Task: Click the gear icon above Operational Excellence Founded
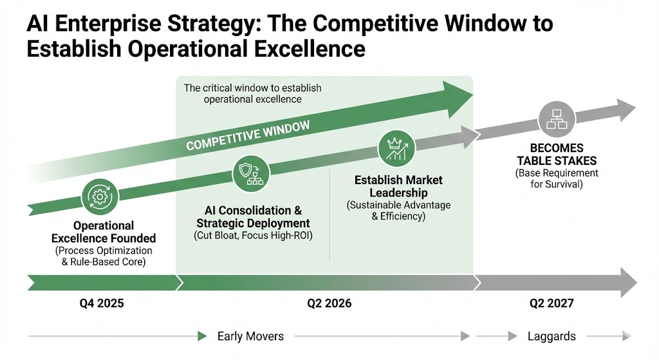point(100,196)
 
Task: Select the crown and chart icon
point(396,149)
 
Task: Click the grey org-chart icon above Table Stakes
point(557,119)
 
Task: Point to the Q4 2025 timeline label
point(102,303)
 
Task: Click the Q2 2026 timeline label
point(329,303)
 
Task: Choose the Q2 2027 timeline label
point(552,303)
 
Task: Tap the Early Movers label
point(250,336)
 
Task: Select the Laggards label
point(552,336)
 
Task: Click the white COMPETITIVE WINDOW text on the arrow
point(248,135)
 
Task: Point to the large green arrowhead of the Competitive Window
point(458,99)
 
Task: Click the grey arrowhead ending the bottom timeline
point(629,283)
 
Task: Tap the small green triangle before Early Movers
point(202,336)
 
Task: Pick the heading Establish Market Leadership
point(398,186)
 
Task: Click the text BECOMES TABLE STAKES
point(557,155)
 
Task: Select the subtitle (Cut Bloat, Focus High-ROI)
point(253,236)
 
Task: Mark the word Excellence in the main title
point(310,49)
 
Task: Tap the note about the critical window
point(252,94)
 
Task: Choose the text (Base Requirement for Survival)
point(557,179)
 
